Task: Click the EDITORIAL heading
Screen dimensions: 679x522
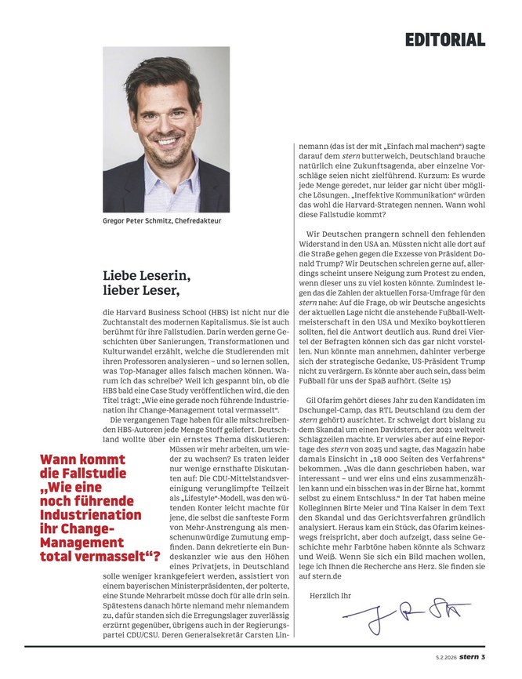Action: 445,39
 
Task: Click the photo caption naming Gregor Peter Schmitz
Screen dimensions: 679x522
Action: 162,221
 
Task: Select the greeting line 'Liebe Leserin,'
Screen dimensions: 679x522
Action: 146,277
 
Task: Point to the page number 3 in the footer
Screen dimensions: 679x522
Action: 484,657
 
